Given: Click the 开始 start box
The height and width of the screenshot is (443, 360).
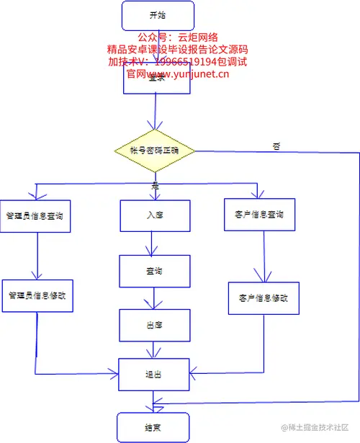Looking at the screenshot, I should click(x=158, y=15).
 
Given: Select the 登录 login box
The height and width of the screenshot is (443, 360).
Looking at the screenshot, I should click(x=157, y=81).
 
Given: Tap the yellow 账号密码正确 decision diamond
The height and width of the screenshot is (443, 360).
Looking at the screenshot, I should click(x=155, y=151).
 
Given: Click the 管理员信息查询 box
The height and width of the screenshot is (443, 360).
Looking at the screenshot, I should click(x=36, y=215).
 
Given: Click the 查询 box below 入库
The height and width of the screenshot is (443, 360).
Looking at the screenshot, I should click(x=154, y=271).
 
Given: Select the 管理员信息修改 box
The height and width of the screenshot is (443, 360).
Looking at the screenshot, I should click(x=37, y=295).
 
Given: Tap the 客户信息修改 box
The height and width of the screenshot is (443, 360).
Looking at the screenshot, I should click(x=262, y=297).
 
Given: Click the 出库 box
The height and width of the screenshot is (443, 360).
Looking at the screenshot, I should click(x=154, y=325).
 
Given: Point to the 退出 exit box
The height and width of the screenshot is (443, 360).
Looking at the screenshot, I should click(x=154, y=374).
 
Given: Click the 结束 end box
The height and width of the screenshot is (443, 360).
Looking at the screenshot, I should click(x=152, y=426).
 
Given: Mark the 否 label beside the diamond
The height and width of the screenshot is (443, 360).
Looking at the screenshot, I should click(x=276, y=146).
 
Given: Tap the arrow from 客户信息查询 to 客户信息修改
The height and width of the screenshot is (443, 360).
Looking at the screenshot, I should click(x=261, y=258).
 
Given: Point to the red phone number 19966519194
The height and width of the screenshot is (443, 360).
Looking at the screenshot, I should click(x=179, y=62).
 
